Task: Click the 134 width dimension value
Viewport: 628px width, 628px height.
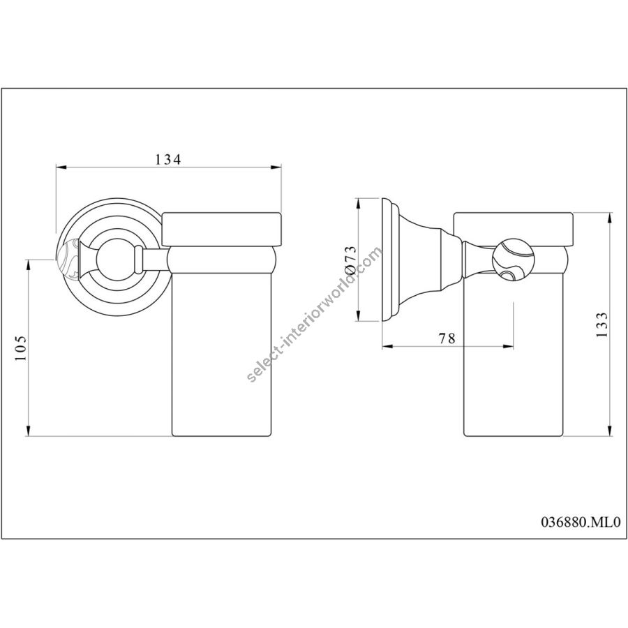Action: click(x=167, y=159)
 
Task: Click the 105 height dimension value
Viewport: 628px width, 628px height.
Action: click(x=21, y=347)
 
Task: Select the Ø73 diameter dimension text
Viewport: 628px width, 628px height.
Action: click(x=350, y=260)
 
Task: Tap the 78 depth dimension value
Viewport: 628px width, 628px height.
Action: click(x=447, y=338)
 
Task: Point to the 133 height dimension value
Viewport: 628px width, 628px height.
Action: click(x=601, y=324)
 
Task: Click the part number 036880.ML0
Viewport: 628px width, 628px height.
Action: click(x=581, y=522)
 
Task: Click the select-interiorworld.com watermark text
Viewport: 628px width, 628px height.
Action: click(x=315, y=315)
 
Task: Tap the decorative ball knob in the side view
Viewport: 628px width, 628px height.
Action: click(x=513, y=260)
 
